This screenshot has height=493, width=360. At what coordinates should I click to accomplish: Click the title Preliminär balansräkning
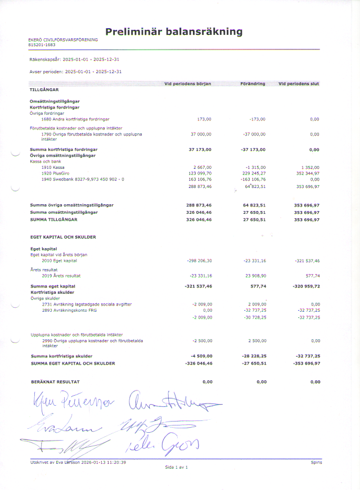(x=174, y=32)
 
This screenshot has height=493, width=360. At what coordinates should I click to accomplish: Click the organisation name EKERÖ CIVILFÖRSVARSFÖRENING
(x=63, y=39)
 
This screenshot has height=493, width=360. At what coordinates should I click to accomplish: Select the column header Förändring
(x=253, y=84)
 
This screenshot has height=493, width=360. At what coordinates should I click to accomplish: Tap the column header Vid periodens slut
(x=299, y=84)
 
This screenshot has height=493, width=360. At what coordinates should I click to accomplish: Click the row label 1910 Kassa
(x=53, y=167)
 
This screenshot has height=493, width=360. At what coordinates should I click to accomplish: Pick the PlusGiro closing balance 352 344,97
(x=307, y=173)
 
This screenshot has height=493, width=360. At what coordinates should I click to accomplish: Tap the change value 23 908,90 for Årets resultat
(x=253, y=276)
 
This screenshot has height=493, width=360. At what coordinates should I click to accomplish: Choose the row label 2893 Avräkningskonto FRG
(x=73, y=310)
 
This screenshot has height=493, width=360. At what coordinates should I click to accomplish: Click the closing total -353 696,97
(x=303, y=364)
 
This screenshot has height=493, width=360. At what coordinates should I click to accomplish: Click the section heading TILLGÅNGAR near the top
(x=44, y=89)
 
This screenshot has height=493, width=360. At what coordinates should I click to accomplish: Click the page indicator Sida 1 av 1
(x=176, y=468)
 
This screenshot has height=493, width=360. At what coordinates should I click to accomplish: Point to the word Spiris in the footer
(x=316, y=462)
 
